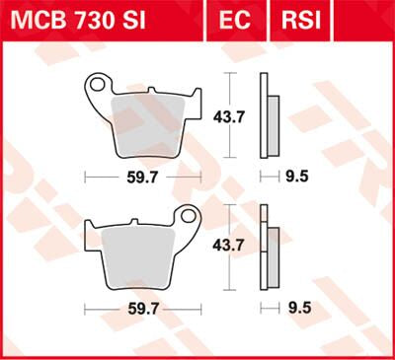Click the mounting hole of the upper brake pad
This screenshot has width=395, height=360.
point(97,86)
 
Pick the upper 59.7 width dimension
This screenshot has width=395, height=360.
point(138,179)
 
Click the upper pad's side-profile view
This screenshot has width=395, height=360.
point(265,115)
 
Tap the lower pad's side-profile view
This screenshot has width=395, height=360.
point(265,247)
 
